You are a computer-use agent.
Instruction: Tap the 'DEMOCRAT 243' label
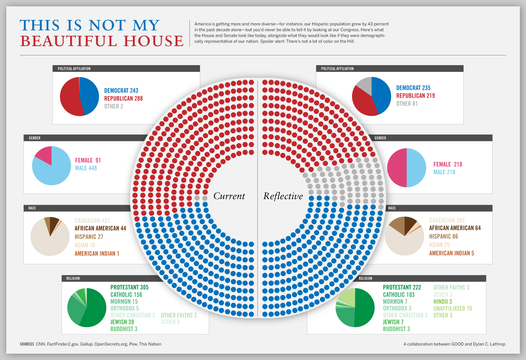pyautogui.click(x=121, y=90)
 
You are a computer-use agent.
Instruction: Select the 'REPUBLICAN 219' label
pyautogui.click(x=415, y=96)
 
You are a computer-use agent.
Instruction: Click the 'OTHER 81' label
pyautogui.click(x=407, y=104)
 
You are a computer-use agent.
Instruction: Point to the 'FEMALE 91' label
pyautogui.click(x=88, y=160)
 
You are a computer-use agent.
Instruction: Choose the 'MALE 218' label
pyautogui.click(x=444, y=172)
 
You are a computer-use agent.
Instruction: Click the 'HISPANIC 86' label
pyautogui.click(x=443, y=236)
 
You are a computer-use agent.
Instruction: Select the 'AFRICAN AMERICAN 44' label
pyautogui.click(x=100, y=228)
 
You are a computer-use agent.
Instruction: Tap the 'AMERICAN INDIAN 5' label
pyautogui.click(x=451, y=253)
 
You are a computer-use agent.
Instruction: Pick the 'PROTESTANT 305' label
pyautogui.click(x=129, y=287)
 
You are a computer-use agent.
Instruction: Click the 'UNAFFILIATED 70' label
pyautogui.click(x=453, y=308)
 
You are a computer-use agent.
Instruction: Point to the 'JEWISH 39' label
pyautogui.click(x=122, y=322)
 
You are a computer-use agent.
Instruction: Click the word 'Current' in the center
pyautogui.click(x=229, y=196)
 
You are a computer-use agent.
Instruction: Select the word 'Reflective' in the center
pyautogui.click(x=283, y=196)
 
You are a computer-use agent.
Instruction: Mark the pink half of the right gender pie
pyautogui.click(x=397, y=168)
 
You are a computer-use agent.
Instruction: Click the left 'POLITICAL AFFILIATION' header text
pyautogui.click(x=74, y=69)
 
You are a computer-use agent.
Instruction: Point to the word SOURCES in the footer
pyautogui.click(x=27, y=344)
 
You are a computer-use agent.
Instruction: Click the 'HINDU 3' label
pyautogui.click(x=443, y=301)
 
